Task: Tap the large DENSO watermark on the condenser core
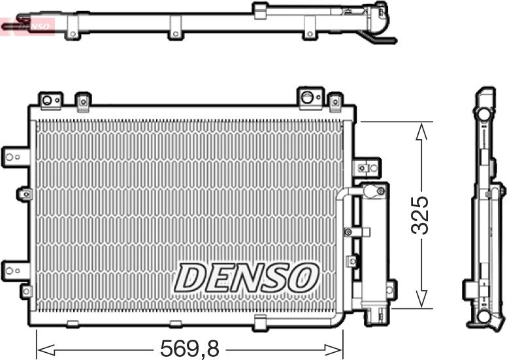[x=246, y=278]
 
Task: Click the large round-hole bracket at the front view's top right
[x=308, y=97]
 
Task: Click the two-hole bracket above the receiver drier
[x=366, y=167]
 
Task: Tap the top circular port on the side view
[x=483, y=112]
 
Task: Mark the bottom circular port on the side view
[x=483, y=316]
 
